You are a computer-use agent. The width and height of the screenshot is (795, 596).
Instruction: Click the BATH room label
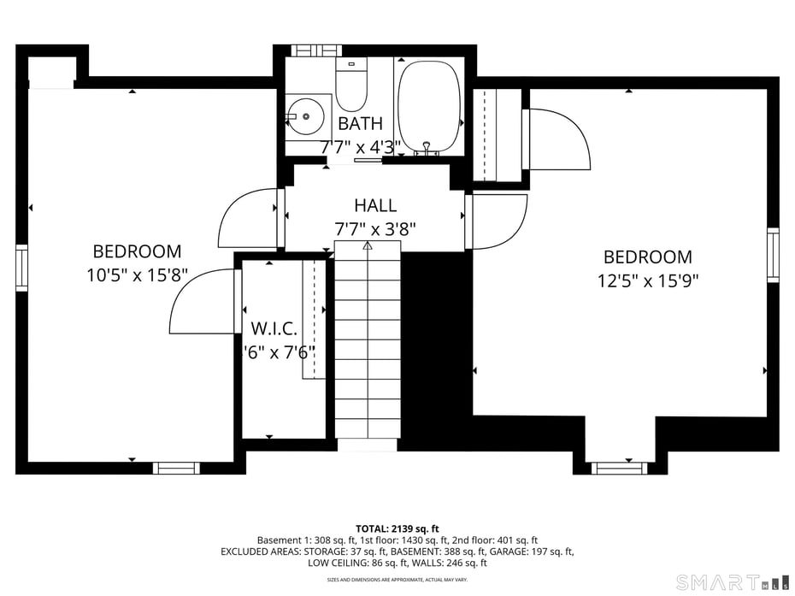coord(360,124)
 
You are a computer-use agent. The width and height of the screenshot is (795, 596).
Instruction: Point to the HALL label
coord(375,205)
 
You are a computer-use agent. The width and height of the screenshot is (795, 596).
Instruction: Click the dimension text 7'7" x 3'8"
coord(375,229)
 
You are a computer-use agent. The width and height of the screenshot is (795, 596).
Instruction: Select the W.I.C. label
coord(274,328)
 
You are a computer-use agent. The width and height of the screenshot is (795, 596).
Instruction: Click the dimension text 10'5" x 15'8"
coord(137,274)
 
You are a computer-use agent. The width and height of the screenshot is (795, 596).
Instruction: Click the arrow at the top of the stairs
coord(368,245)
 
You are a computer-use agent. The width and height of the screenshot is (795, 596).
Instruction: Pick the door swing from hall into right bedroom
coord(500,221)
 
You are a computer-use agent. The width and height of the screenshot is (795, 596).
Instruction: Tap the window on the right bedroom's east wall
coord(773,255)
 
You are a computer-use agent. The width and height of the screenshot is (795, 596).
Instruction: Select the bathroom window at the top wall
coord(317,50)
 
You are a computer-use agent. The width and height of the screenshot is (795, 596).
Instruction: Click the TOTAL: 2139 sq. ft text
coord(397,528)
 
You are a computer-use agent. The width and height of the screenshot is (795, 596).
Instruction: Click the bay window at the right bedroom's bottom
coord(619,468)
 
